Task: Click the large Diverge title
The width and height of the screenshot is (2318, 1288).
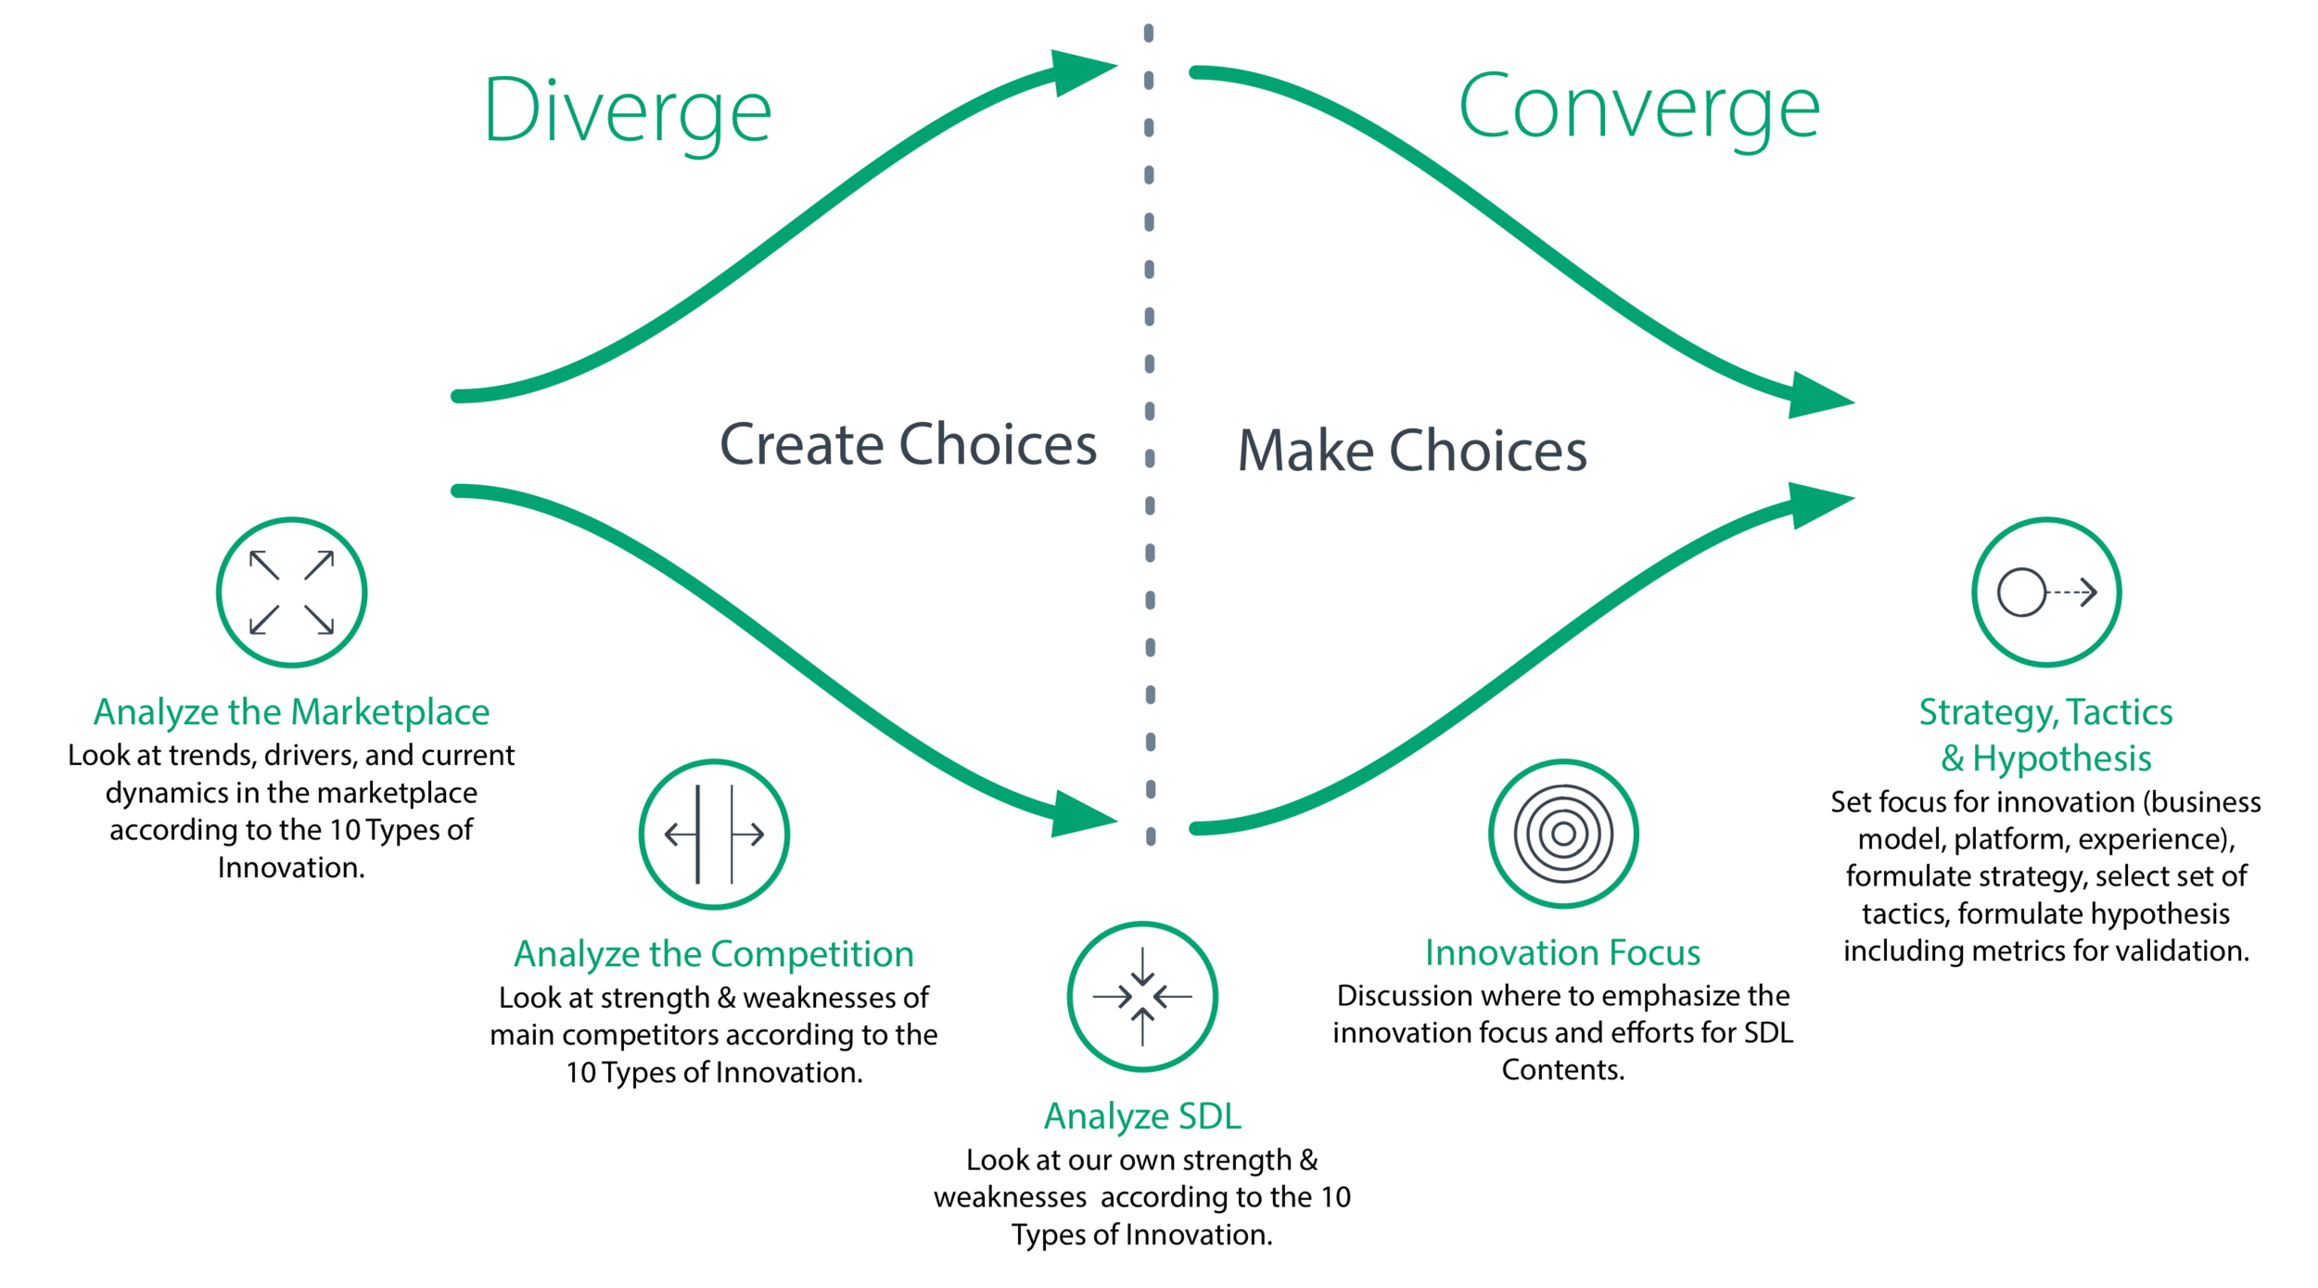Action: pyautogui.click(x=627, y=111)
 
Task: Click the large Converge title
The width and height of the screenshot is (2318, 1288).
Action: pyautogui.click(x=1638, y=108)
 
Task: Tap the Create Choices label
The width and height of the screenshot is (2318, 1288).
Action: pyautogui.click(x=908, y=444)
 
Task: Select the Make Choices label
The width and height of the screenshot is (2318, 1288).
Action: pyautogui.click(x=1411, y=451)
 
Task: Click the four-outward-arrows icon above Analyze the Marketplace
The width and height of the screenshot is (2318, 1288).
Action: pyautogui.click(x=291, y=592)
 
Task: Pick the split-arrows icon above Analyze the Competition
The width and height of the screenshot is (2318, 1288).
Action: pyautogui.click(x=714, y=834)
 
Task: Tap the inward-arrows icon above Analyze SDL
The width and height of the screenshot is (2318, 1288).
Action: pyautogui.click(x=1141, y=997)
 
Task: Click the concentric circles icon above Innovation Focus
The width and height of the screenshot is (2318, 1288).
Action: pyautogui.click(x=1562, y=834)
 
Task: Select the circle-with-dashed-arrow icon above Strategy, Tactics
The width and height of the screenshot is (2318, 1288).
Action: pyautogui.click(x=2045, y=592)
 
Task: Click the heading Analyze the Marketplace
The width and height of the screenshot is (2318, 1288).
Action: pyautogui.click(x=291, y=712)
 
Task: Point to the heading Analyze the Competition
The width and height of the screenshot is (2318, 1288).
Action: pyautogui.click(x=714, y=954)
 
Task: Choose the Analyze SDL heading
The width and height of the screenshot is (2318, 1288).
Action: pyautogui.click(x=1141, y=1116)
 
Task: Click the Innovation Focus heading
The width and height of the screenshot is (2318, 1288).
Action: pyautogui.click(x=1562, y=953)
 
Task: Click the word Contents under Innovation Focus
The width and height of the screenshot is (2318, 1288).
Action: pyautogui.click(x=1562, y=1070)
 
